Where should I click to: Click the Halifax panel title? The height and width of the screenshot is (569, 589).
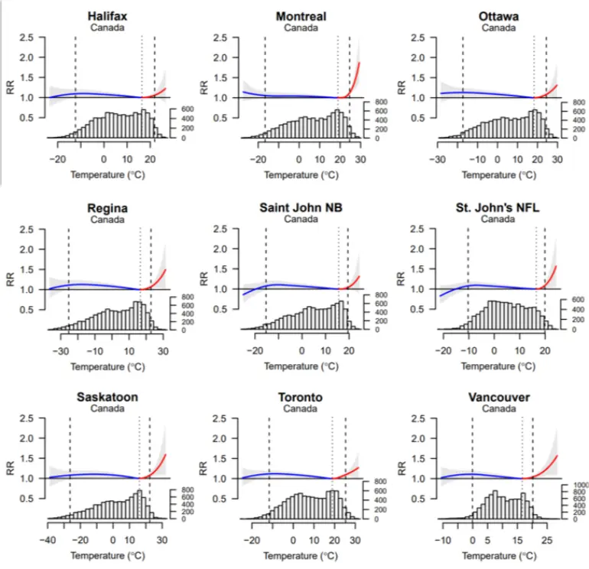point(107,16)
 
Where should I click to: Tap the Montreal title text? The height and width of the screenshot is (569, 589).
point(301,16)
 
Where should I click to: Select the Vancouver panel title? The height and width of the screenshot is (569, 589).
point(499,397)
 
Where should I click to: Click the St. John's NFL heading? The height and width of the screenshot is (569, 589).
point(497,207)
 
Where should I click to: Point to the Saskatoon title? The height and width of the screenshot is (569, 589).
point(107,397)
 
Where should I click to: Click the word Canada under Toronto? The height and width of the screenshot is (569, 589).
point(300,408)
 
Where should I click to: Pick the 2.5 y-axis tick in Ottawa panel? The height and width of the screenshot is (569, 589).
point(418,37)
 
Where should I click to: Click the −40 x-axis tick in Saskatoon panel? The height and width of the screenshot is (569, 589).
point(47,540)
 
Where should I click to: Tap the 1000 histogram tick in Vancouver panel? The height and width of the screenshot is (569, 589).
point(581,485)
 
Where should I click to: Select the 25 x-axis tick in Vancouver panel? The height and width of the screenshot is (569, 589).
point(547,540)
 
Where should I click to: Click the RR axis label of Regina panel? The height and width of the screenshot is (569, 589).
point(11,279)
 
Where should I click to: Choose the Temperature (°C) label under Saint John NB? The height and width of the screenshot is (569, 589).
point(301,366)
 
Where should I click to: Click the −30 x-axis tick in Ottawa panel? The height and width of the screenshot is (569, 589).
point(438,159)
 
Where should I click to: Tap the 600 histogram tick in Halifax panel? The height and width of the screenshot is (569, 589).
point(187,109)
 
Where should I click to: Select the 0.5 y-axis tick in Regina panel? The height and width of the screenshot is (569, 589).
point(27,310)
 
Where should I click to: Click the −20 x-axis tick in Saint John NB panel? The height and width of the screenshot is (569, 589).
point(255,351)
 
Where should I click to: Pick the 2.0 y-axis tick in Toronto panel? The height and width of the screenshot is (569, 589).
point(220,438)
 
